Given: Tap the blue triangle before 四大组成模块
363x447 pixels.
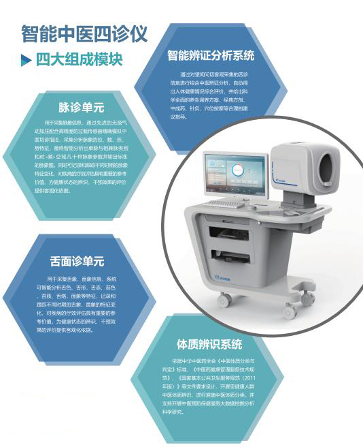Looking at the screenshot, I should click(25, 59).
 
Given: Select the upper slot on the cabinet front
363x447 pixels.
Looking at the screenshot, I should click(235, 236).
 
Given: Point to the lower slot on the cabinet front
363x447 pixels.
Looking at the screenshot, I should click(235, 258).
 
